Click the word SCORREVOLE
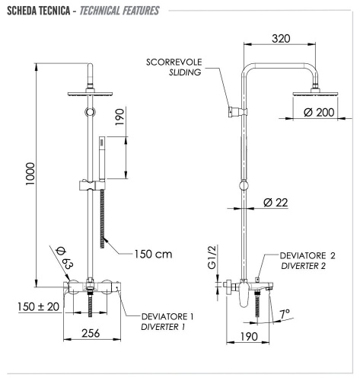pyautogui.click(x=176, y=62)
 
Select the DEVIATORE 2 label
pyautogui.click(x=308, y=255)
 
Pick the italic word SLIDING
pyautogui.click(x=186, y=73)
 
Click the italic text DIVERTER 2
pyautogui.click(x=304, y=266)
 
